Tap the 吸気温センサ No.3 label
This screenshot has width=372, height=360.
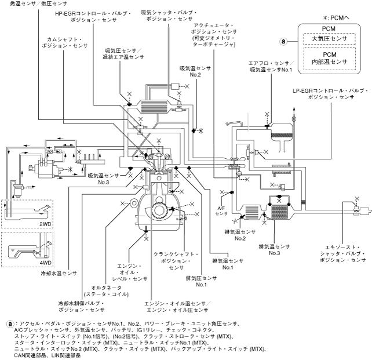tap(104, 179)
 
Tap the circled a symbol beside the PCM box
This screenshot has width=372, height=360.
tap(283, 41)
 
